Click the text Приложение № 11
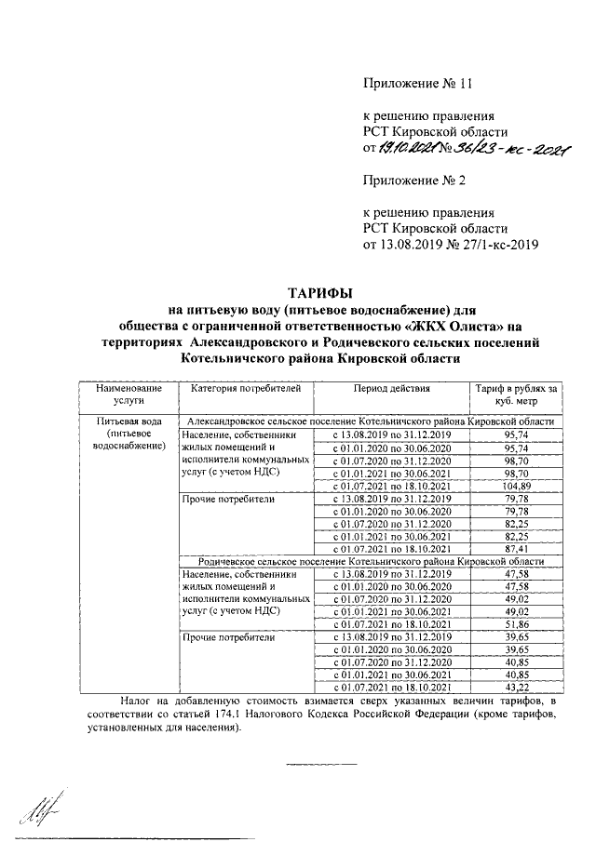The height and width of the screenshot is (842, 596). pos(418,84)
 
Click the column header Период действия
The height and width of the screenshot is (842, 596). pos(390,388)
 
